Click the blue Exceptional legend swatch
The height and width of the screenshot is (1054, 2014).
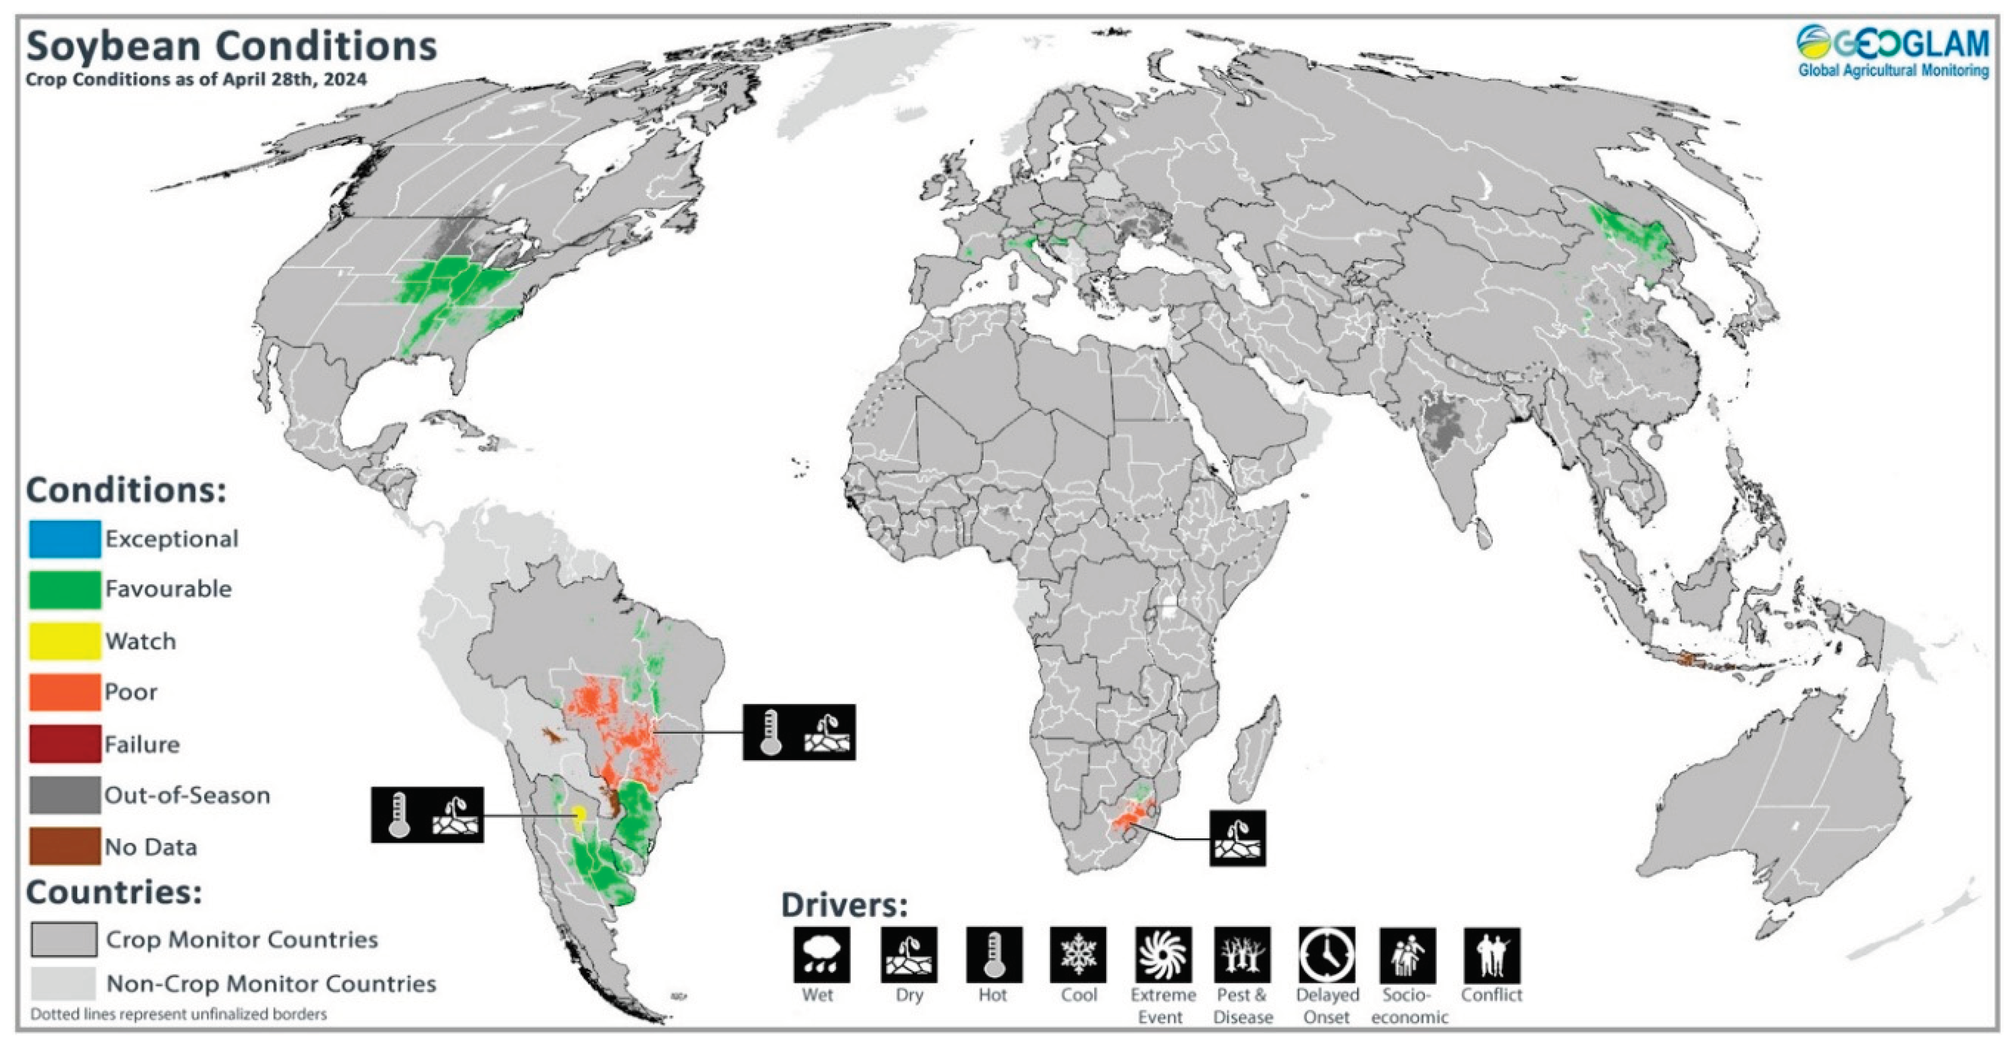[65, 539]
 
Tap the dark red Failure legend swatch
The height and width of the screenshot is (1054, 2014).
[65, 743]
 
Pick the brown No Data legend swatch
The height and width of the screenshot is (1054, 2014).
[65, 846]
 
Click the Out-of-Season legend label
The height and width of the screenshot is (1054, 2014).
[188, 795]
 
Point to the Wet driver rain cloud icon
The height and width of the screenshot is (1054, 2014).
[821, 954]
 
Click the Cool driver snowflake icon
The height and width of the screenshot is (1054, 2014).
[1078, 954]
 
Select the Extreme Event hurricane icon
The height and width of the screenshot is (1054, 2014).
[1162, 954]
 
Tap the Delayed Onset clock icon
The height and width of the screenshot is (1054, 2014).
[1327, 954]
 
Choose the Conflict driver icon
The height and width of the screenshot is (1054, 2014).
[1491, 954]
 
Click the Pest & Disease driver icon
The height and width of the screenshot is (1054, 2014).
[1242, 954]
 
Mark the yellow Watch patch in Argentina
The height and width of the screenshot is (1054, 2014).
[579, 816]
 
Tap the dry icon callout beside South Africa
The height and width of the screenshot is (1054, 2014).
[1237, 838]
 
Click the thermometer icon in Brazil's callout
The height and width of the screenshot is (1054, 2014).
[771, 732]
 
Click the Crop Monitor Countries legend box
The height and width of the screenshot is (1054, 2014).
[64, 939]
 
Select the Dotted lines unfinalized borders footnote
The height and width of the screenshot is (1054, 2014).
[178, 1014]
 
